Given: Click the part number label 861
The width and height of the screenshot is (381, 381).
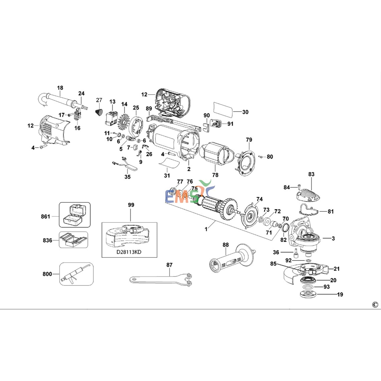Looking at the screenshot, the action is (45, 216).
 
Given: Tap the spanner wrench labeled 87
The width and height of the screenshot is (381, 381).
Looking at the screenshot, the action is (161, 279).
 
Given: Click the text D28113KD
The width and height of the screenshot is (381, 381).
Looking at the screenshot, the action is (129, 252).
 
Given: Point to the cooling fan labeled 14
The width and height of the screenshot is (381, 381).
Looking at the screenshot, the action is (124, 121).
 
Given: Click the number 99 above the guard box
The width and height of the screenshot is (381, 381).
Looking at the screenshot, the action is (131, 205).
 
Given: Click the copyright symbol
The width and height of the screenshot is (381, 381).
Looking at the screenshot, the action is (375, 305).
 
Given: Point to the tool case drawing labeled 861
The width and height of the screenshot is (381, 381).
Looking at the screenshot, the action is (75, 215).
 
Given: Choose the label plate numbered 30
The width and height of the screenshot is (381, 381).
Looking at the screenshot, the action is (223, 109).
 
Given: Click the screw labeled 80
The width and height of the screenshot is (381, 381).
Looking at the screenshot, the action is (260, 157).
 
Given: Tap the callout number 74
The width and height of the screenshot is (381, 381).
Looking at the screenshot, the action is (259, 199).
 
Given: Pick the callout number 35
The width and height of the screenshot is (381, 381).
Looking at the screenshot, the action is (128, 177).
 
